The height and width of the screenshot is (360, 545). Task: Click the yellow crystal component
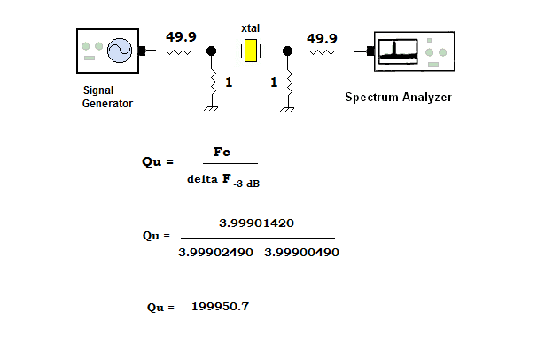(250, 51)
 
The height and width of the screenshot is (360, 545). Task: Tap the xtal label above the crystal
(250, 28)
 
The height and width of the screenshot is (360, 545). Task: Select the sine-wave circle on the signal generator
(120, 51)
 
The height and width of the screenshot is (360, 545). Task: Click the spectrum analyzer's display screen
(398, 51)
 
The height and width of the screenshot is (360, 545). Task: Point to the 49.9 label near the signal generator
(181, 36)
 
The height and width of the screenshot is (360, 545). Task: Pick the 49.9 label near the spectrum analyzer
(322, 38)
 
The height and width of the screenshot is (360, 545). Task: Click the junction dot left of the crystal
(211, 51)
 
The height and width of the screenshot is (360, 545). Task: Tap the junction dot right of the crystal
(287, 51)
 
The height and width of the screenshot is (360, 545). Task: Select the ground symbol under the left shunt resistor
(211, 108)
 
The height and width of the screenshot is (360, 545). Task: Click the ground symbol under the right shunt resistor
(287, 109)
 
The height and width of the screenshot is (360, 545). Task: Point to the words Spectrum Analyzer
(398, 97)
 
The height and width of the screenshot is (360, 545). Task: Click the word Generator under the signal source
(107, 104)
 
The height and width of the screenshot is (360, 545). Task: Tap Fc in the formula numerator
(222, 152)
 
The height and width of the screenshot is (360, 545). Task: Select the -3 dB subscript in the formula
(246, 184)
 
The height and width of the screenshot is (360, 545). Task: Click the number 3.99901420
(256, 223)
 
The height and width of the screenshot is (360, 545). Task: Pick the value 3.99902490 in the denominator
(216, 252)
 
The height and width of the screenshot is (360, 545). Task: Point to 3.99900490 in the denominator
(301, 252)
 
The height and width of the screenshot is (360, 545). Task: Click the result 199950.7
(221, 307)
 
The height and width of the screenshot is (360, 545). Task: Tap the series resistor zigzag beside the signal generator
(178, 51)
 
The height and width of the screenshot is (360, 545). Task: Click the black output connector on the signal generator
(142, 51)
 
